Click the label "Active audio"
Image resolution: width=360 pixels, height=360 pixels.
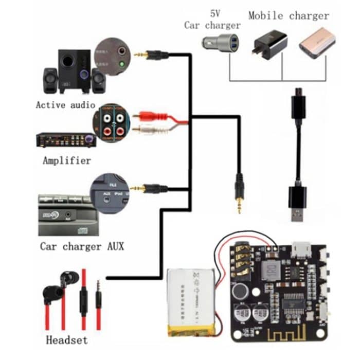pyautogui.click(x=65, y=105)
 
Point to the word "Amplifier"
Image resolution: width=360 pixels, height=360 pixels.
pyautogui.click(x=67, y=160)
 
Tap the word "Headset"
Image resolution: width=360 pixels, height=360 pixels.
pyautogui.click(x=67, y=339)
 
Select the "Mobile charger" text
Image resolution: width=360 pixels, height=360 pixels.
pyautogui.click(x=289, y=15)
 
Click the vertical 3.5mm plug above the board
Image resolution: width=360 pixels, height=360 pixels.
pyautogui.click(x=239, y=193)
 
